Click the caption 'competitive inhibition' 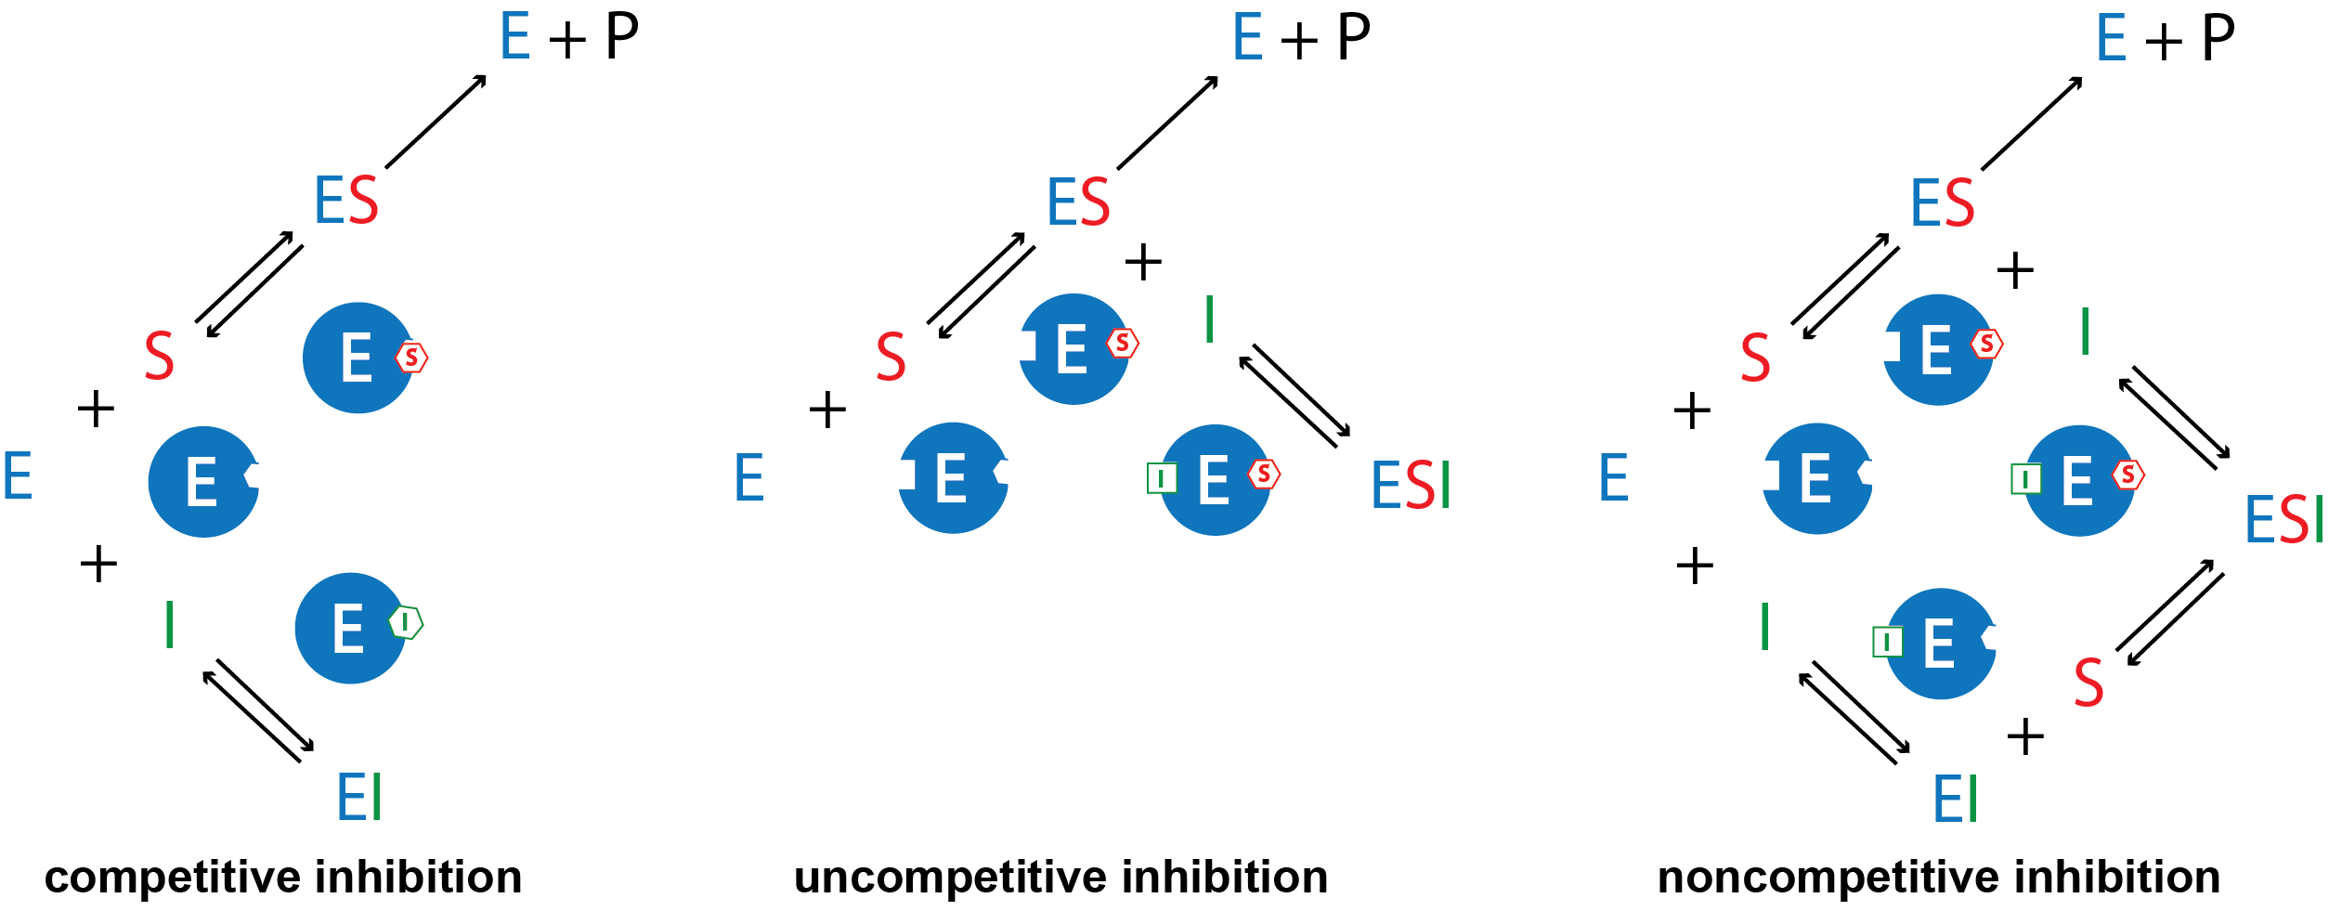(x=283, y=878)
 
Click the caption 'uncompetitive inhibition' (x=1061, y=878)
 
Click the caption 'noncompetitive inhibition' (x=1939, y=878)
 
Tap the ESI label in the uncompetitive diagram (x=1411, y=485)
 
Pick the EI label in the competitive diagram (x=359, y=796)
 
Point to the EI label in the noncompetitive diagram (x=1956, y=798)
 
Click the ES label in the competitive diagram (x=346, y=200)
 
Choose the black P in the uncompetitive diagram (x=1354, y=38)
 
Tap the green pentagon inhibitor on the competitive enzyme (x=406, y=622)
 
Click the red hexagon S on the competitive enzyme (x=411, y=358)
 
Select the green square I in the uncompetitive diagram (x=1162, y=478)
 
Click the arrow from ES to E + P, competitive (x=436, y=122)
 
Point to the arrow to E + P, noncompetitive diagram (x=2032, y=124)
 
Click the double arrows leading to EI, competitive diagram (x=258, y=710)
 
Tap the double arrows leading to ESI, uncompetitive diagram (x=1295, y=396)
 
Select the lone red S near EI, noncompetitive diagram (x=2088, y=683)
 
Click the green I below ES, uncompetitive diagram (x=1209, y=319)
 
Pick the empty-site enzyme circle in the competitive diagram (x=203, y=481)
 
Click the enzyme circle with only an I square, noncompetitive (x=1941, y=644)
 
